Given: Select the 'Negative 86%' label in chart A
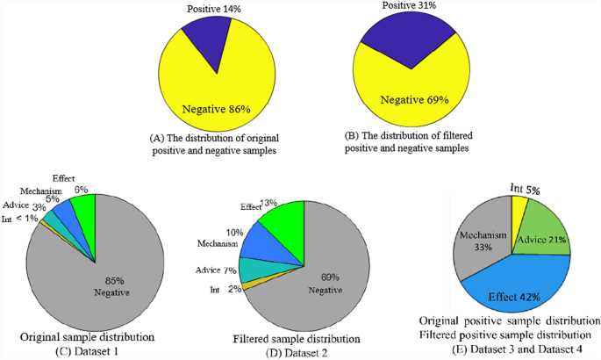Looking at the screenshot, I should coord(216,111).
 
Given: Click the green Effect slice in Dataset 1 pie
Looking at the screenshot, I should coord(84,207).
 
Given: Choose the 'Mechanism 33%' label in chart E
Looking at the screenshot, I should coord(476,243).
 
